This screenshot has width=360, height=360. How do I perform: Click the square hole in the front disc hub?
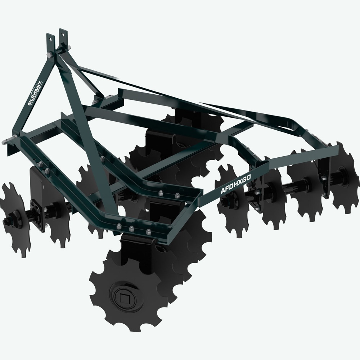point(125,297)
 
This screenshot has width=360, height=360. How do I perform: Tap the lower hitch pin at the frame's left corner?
point(6,141)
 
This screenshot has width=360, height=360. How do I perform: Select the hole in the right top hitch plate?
point(64,33)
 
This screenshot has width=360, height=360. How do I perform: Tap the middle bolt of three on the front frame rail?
point(132,228)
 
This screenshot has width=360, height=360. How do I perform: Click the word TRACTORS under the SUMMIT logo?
point(39,93)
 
